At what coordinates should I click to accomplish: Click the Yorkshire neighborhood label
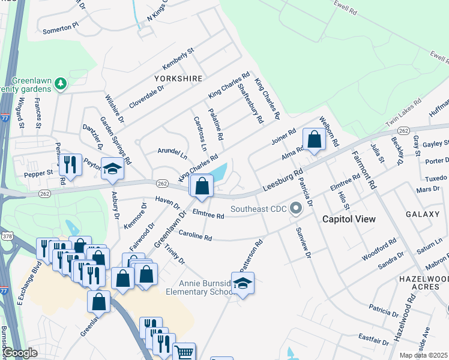tap(178, 79)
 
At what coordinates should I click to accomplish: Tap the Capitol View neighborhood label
tap(349, 219)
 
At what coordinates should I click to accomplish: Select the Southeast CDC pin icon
tap(295, 209)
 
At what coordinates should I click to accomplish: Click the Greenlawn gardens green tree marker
tap(60, 83)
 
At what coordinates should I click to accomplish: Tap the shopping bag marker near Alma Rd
tap(314, 141)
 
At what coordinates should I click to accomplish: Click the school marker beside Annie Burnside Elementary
tap(243, 284)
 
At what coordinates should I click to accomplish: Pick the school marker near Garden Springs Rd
tap(112, 170)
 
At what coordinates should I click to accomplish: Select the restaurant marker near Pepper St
tap(70, 166)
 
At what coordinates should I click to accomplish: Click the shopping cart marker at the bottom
tap(184, 353)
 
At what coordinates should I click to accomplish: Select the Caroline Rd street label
tap(195, 238)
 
